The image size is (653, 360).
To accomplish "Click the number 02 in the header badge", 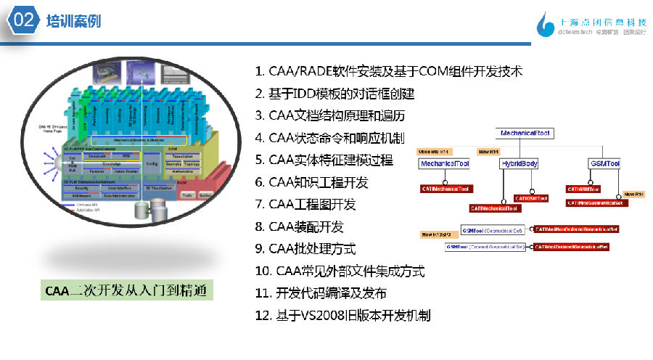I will [24, 20].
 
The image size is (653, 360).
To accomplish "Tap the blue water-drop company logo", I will [543, 24].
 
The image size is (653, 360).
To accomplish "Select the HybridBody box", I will [520, 165].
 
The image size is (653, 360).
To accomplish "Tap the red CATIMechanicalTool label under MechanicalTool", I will [445, 189].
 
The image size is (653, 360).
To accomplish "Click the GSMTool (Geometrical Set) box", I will [493, 230].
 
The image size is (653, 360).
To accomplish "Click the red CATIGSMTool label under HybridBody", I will [532, 197].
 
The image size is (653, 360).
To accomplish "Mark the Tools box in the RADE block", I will [187, 195].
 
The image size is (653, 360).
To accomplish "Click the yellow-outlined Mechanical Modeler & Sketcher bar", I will [138, 139].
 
